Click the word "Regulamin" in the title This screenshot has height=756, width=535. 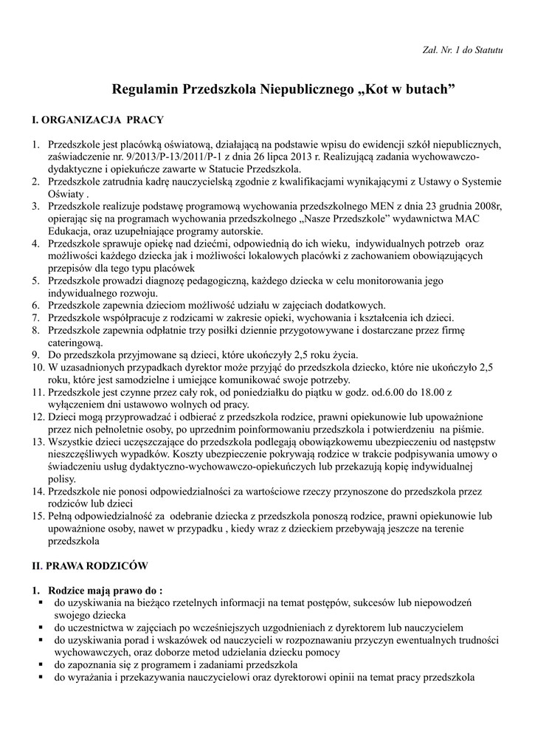tap(145, 89)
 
